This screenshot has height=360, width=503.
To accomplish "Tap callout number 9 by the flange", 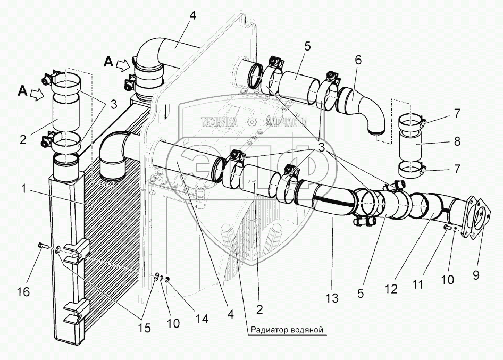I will tap(475, 275).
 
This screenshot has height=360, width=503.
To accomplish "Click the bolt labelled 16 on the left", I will tap(41, 245).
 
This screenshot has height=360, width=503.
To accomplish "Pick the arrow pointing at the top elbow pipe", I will tap(122, 65).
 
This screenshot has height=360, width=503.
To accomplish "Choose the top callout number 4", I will tap(192, 15).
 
